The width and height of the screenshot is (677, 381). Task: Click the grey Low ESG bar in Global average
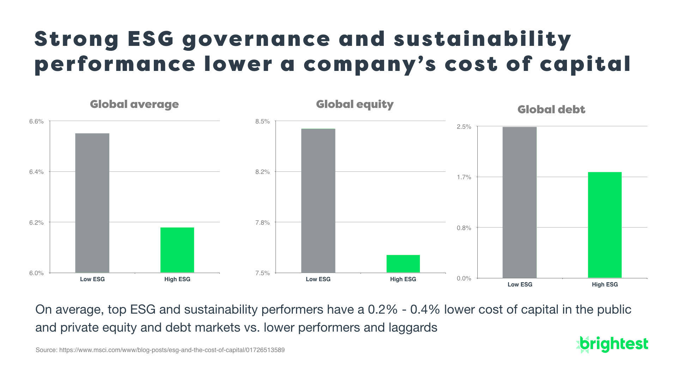[92, 203]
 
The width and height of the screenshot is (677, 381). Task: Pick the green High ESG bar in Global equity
[403, 264]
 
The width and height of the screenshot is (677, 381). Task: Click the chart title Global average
[134, 104]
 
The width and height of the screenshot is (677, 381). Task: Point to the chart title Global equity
[355, 104]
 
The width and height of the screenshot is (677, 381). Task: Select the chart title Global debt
[551, 110]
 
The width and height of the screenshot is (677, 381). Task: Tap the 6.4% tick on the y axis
[36, 172]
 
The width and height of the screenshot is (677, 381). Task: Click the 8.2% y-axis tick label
[262, 172]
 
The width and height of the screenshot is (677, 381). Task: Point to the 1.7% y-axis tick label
[464, 177]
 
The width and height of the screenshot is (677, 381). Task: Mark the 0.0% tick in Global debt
[464, 278]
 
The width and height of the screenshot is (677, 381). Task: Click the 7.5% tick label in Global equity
[262, 273]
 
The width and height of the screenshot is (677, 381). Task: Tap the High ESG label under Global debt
[605, 284]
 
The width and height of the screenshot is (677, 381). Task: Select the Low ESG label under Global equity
[318, 279]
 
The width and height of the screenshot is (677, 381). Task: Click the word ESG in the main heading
[151, 39]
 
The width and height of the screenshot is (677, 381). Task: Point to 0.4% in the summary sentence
[425, 310]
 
